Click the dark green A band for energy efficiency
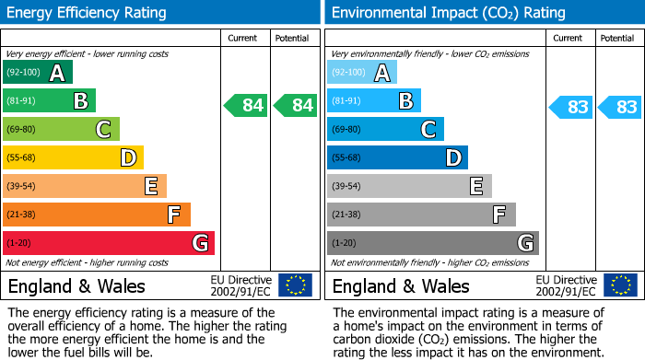(38, 73)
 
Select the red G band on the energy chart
(109, 243)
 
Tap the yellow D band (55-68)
(73, 158)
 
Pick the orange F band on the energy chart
(97, 215)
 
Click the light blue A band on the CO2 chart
(362, 73)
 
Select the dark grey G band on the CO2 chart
(432, 243)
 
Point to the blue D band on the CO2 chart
(397, 158)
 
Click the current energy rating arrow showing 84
(246, 106)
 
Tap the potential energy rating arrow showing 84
(296, 106)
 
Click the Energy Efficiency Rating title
(87, 13)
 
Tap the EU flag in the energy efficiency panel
(295, 285)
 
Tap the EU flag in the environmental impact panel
(619, 285)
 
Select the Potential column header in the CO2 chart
(616, 38)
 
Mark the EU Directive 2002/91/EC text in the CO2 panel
(566, 285)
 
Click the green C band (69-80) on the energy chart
(61, 130)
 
